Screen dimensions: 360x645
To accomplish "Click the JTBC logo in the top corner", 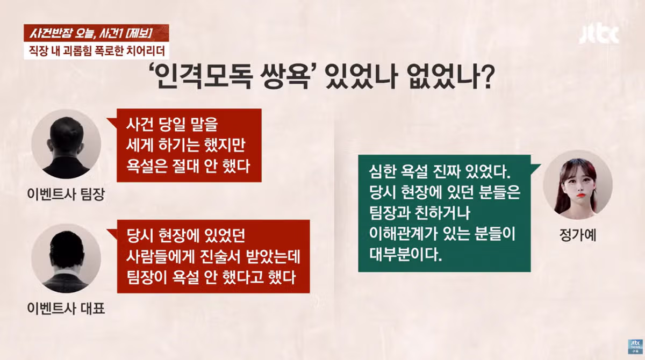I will [599, 34].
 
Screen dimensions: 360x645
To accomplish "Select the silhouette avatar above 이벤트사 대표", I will [66, 258].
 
